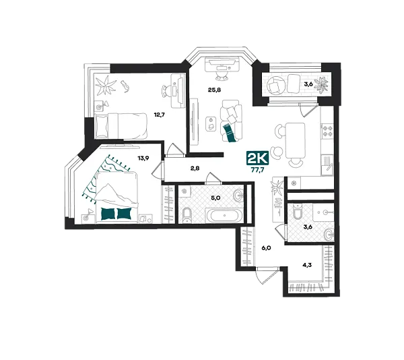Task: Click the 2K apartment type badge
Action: pyautogui.click(x=257, y=159)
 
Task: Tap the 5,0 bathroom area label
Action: pyautogui.click(x=215, y=199)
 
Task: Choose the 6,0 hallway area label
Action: pyautogui.click(x=266, y=248)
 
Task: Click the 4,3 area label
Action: pyautogui.click(x=307, y=265)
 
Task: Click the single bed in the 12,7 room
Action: pyautogui.click(x=121, y=123)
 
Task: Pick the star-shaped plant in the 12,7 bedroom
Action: pyautogui.click(x=104, y=86)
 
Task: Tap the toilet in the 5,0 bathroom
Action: pyautogui.click(x=187, y=216)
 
